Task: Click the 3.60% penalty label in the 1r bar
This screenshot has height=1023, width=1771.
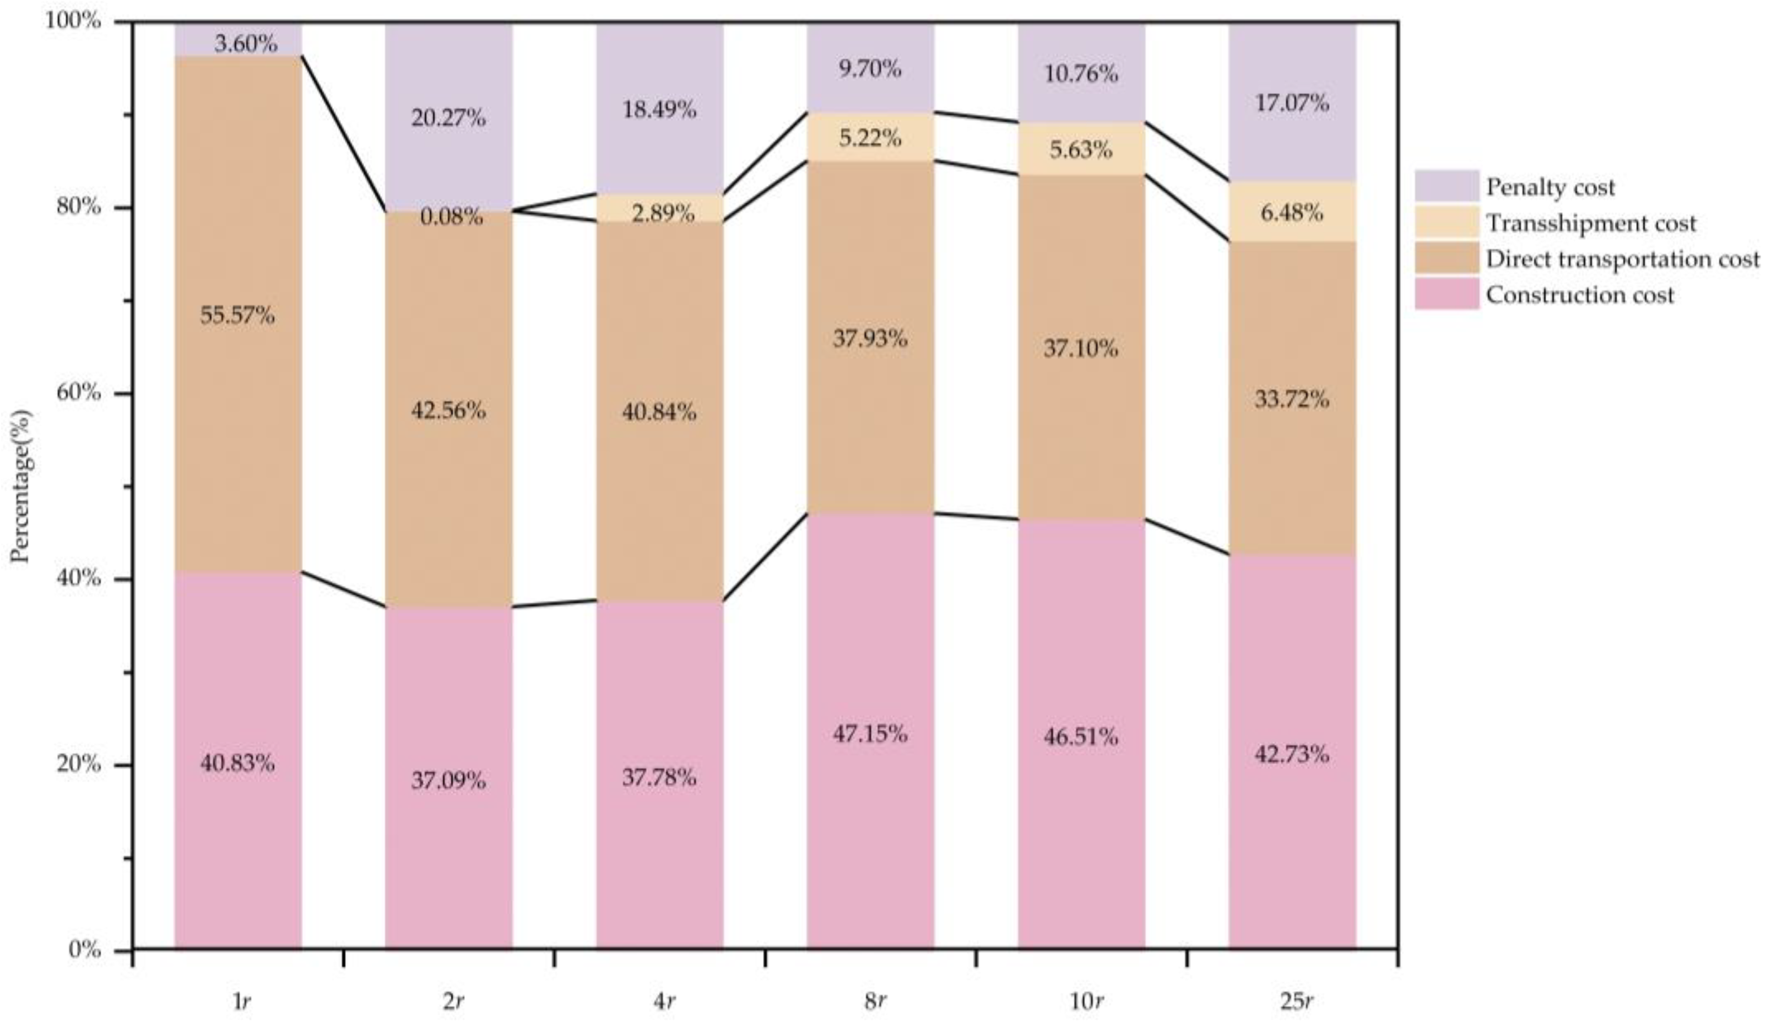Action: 246,44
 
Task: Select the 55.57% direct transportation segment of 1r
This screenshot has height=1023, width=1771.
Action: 237,315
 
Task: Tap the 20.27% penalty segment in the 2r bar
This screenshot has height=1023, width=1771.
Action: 448,117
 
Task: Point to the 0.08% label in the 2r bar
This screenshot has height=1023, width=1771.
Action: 452,216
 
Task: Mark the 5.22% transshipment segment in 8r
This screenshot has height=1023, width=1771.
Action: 870,138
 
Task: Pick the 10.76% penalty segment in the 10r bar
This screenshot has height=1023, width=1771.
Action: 1080,74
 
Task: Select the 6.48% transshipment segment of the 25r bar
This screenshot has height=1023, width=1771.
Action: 1291,212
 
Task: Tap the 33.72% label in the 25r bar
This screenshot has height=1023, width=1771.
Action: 1291,399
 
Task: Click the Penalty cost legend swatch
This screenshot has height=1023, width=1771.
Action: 1447,186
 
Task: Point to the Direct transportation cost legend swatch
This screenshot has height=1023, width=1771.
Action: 1447,258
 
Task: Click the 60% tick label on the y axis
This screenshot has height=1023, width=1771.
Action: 79,393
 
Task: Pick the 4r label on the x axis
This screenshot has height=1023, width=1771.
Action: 664,1001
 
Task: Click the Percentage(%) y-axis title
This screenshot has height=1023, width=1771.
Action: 21,485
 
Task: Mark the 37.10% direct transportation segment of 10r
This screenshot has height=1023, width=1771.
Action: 1080,348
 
